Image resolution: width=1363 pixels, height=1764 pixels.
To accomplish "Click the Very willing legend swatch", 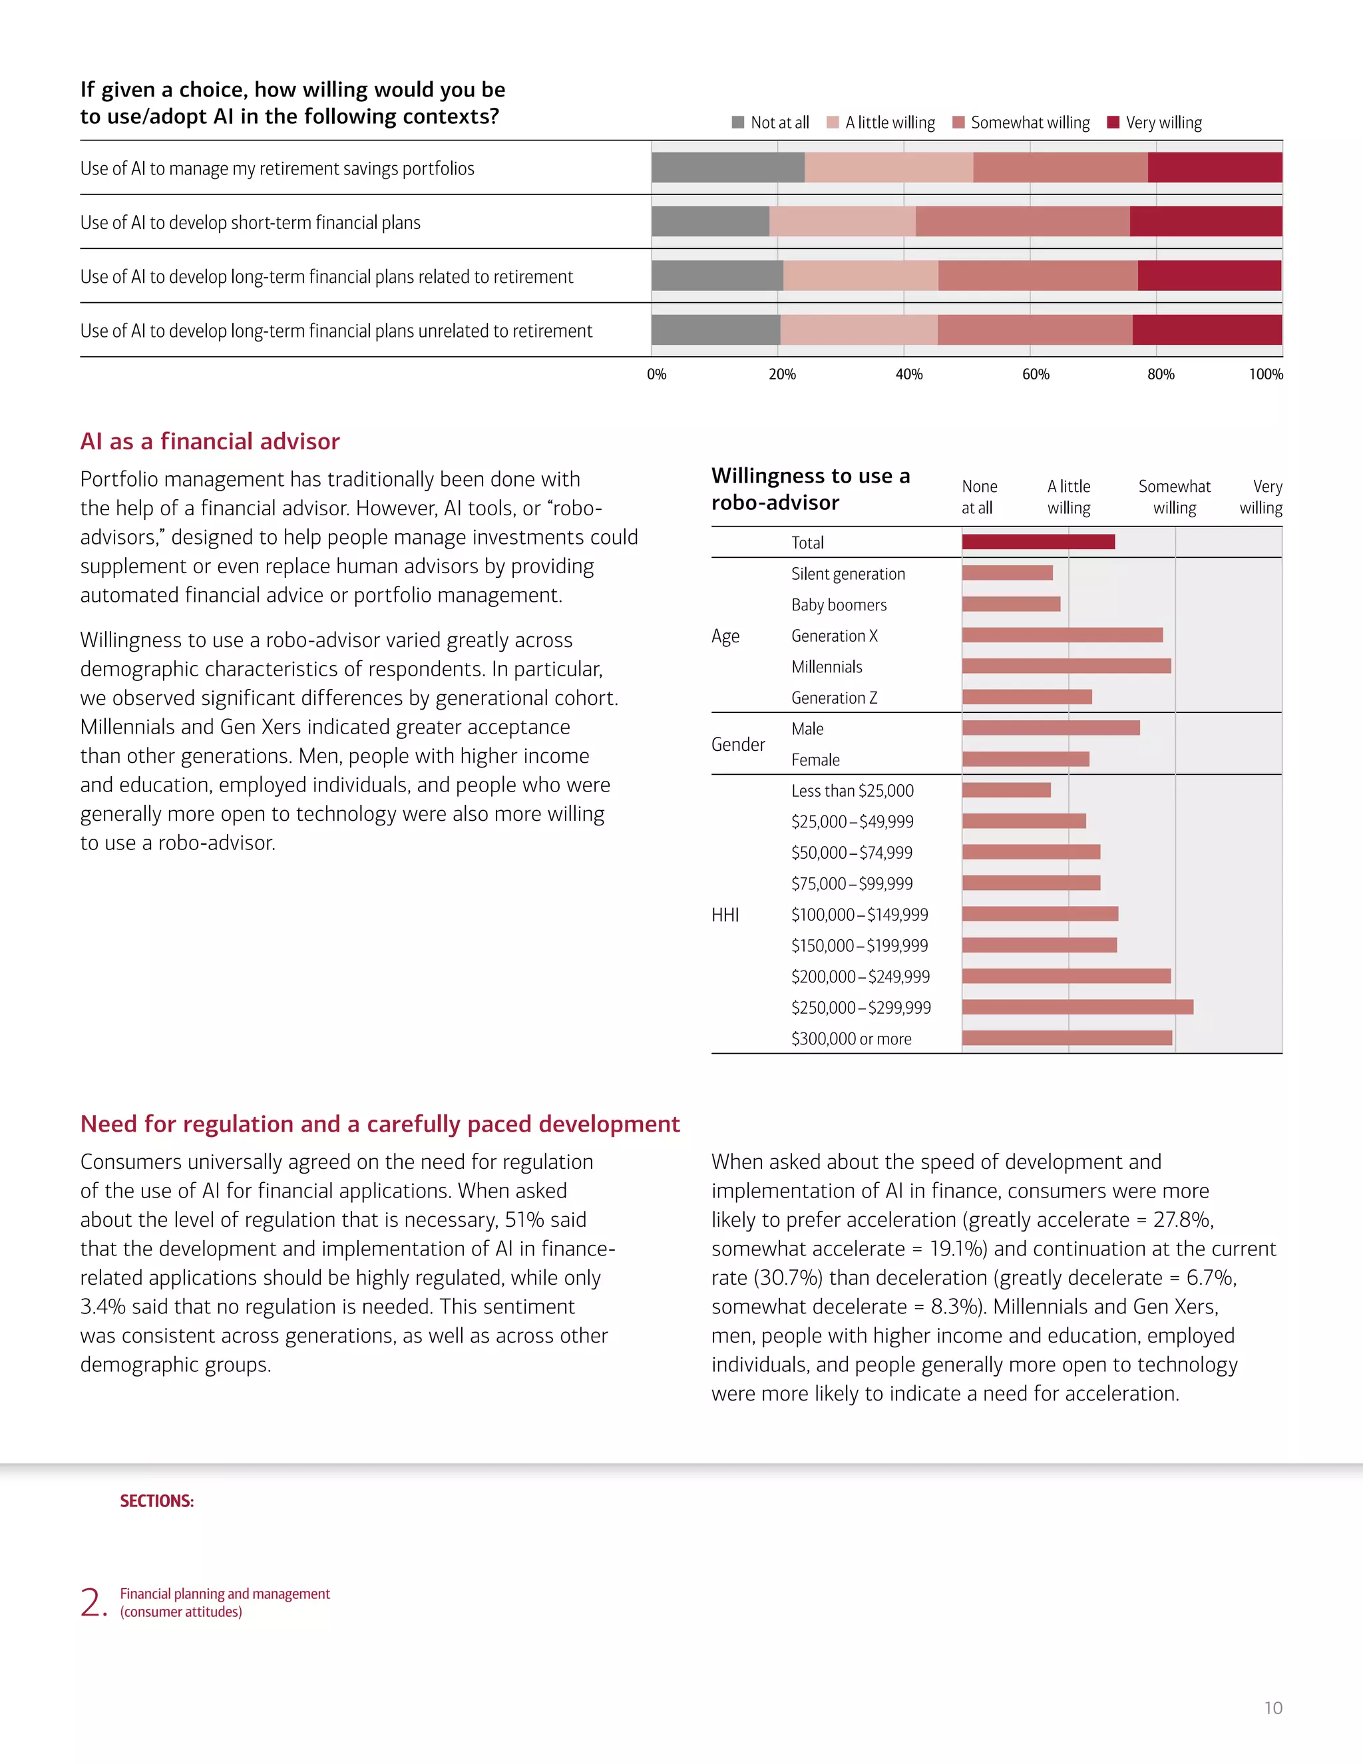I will tap(1113, 122).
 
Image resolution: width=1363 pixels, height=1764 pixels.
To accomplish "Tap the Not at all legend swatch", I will tap(737, 122).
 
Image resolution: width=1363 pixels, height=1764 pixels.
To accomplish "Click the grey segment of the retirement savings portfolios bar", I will tap(727, 167).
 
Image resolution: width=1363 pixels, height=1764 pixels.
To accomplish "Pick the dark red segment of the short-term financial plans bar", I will tap(1205, 221).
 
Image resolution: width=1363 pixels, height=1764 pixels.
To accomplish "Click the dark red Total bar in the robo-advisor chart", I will tap(1038, 542).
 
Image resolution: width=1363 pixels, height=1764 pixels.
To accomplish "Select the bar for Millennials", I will tap(1066, 666).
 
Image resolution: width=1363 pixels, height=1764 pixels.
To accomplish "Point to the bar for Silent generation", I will tap(1007, 572).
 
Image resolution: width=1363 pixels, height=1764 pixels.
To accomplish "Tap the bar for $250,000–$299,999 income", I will tap(1077, 1007).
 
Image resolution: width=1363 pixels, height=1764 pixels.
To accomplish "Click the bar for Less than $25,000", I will tap(1006, 790).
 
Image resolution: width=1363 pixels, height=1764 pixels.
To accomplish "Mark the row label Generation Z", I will tap(833, 698).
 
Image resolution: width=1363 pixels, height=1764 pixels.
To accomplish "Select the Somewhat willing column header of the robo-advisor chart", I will tap(1174, 497).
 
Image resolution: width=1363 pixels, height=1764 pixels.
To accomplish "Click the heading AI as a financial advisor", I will tap(210, 441).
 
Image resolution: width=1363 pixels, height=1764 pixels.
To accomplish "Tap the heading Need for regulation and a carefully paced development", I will tap(379, 1124).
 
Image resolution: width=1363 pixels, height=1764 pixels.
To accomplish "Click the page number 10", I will tap(1272, 1707).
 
